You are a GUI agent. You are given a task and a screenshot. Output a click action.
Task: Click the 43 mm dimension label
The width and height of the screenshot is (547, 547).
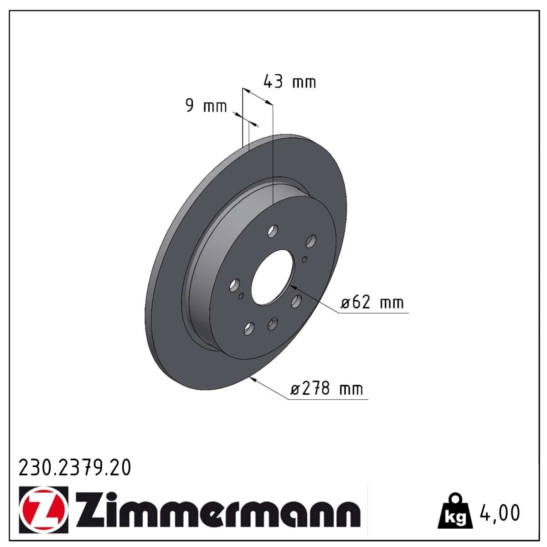pos(289,82)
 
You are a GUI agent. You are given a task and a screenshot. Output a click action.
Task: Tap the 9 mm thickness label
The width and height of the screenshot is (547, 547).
pos(206,106)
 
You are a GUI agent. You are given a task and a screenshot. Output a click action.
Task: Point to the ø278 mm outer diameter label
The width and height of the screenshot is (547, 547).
pos(327,389)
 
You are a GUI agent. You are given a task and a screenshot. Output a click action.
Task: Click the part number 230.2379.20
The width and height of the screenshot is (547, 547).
pos(74,468)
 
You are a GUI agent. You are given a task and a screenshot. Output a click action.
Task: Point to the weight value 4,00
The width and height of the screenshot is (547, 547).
pos(500,513)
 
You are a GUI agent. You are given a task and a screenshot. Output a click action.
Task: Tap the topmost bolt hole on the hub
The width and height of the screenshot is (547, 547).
pos(273,232)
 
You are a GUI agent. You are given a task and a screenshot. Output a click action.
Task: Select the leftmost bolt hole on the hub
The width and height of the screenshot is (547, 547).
pos(234,286)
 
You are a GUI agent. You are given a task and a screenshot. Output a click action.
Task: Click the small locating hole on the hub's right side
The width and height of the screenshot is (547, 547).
pos(304,259)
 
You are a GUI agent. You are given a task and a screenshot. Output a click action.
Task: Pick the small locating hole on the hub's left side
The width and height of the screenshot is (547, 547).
pos(241,296)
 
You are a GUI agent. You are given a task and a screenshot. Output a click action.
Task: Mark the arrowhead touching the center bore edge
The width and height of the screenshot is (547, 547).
pos(293,287)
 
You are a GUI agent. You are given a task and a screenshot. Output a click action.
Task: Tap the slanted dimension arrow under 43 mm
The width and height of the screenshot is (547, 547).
pos(257,97)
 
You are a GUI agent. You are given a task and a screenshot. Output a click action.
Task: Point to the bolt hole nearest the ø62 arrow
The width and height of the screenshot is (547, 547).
pos(296,300)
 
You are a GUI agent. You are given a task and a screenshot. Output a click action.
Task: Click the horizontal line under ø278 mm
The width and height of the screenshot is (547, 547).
pos(328,400)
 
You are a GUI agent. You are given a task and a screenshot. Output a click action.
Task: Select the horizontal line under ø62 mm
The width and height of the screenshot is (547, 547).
pos(374,313)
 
